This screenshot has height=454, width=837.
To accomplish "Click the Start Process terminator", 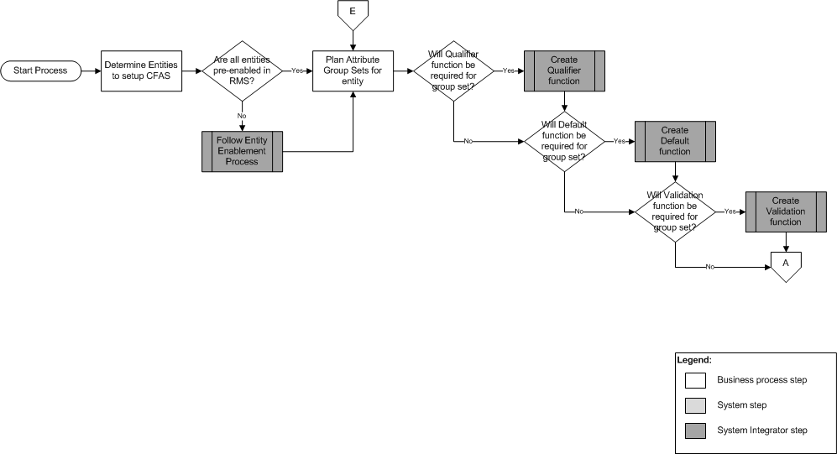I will (40, 70).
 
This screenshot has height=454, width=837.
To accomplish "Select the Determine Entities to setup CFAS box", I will (141, 70).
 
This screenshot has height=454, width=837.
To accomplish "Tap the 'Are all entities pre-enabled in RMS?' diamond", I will (242, 70).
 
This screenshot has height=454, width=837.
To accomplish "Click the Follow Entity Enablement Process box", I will (242, 152).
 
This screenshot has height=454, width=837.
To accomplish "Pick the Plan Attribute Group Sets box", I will (353, 70).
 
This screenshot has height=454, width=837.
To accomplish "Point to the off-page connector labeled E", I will (353, 13).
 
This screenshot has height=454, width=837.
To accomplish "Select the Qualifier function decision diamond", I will (453, 70).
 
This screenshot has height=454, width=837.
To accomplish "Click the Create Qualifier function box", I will (564, 70).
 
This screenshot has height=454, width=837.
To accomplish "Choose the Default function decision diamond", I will (564, 141).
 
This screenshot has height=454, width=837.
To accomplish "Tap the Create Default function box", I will (675, 141).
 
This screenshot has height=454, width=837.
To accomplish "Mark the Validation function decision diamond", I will (675, 211).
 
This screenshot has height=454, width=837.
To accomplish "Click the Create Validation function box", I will (786, 211).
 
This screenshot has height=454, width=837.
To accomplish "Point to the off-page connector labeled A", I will (786, 265).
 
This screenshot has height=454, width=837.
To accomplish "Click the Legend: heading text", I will (694, 359).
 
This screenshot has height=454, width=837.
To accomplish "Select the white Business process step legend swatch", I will (695, 380).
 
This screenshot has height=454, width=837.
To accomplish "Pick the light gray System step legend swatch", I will (695, 405).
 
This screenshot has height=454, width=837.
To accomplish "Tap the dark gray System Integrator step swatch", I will (695, 431).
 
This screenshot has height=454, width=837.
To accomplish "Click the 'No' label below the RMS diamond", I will (242, 115).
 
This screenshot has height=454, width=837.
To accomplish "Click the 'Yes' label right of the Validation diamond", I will (730, 211).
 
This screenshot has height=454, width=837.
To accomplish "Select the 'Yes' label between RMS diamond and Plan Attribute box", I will (297, 70).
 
